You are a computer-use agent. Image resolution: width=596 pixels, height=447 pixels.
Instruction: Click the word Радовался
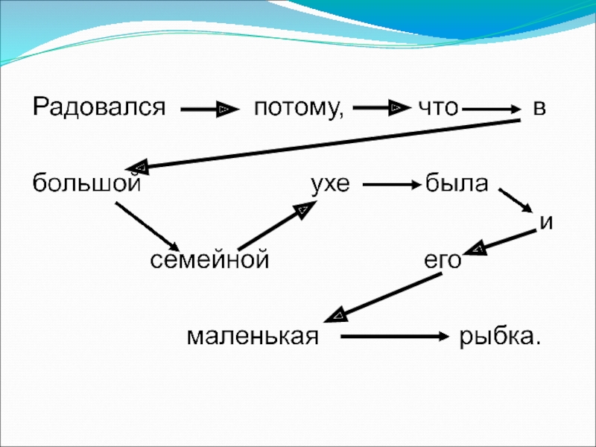tap(97, 109)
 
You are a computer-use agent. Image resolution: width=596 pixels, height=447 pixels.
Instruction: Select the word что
tap(437, 109)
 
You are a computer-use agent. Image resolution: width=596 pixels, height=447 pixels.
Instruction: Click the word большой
tap(86, 183)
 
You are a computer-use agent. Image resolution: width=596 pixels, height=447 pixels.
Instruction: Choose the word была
tap(456, 183)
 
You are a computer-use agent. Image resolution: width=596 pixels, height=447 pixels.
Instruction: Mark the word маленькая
tap(253, 337)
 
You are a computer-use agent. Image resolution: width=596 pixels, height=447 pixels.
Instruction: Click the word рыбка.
tap(499, 337)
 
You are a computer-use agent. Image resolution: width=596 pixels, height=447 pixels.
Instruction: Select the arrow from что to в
tap(491, 110)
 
